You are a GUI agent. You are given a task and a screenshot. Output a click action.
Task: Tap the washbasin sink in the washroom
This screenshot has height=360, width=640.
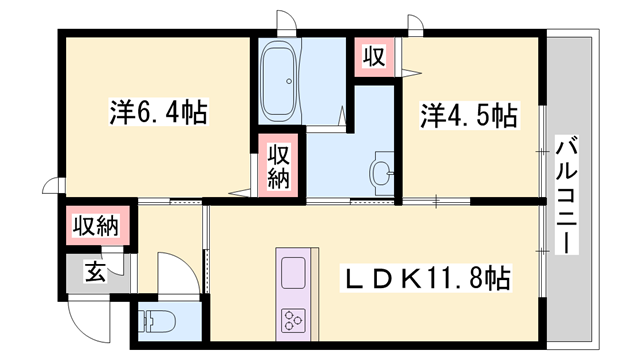tap(381, 173)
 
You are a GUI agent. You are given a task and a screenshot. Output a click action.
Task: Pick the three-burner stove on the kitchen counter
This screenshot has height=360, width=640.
tap(294, 320)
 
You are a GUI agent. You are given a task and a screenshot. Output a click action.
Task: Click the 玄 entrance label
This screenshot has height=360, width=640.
tap(91, 269)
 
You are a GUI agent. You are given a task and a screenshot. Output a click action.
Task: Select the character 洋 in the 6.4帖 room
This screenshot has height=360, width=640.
tap(118, 112)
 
